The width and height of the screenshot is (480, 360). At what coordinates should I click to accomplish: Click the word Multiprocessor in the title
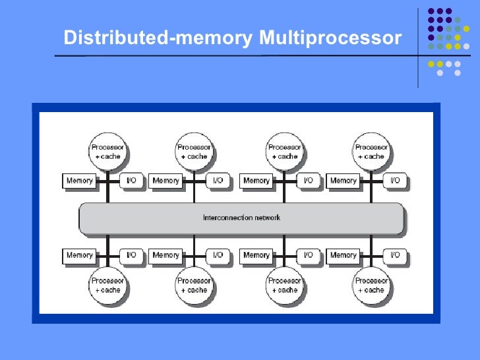[x=330, y=39]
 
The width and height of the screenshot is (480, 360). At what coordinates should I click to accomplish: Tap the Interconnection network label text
[x=241, y=218]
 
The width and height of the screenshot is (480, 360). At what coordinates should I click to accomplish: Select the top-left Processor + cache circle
[x=108, y=152]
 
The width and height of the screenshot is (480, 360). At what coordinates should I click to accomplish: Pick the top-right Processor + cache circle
[x=371, y=152]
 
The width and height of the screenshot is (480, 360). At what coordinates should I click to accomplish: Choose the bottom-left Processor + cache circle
[x=108, y=285]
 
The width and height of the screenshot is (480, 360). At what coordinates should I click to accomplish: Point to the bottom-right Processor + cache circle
[x=371, y=285]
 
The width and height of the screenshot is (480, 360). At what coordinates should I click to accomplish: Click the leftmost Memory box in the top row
[x=79, y=181]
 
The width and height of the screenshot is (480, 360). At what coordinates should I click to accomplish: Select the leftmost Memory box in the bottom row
[x=79, y=255]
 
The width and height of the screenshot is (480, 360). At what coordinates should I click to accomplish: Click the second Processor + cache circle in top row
[x=195, y=152]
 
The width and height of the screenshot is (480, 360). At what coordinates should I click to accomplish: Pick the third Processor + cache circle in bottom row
[x=285, y=285]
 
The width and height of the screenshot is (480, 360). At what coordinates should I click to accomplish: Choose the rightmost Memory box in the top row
[x=343, y=181]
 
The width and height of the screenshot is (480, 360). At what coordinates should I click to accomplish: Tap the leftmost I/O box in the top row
[x=131, y=181]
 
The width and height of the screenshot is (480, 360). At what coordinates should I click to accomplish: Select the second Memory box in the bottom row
[x=166, y=255]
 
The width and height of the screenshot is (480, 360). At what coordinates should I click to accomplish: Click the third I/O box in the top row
[x=308, y=181]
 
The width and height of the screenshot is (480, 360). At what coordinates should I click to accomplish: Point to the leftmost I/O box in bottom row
[x=131, y=255]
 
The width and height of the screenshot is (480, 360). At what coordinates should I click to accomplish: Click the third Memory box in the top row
[x=256, y=181]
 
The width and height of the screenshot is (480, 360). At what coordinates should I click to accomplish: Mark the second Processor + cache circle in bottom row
[x=195, y=285]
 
